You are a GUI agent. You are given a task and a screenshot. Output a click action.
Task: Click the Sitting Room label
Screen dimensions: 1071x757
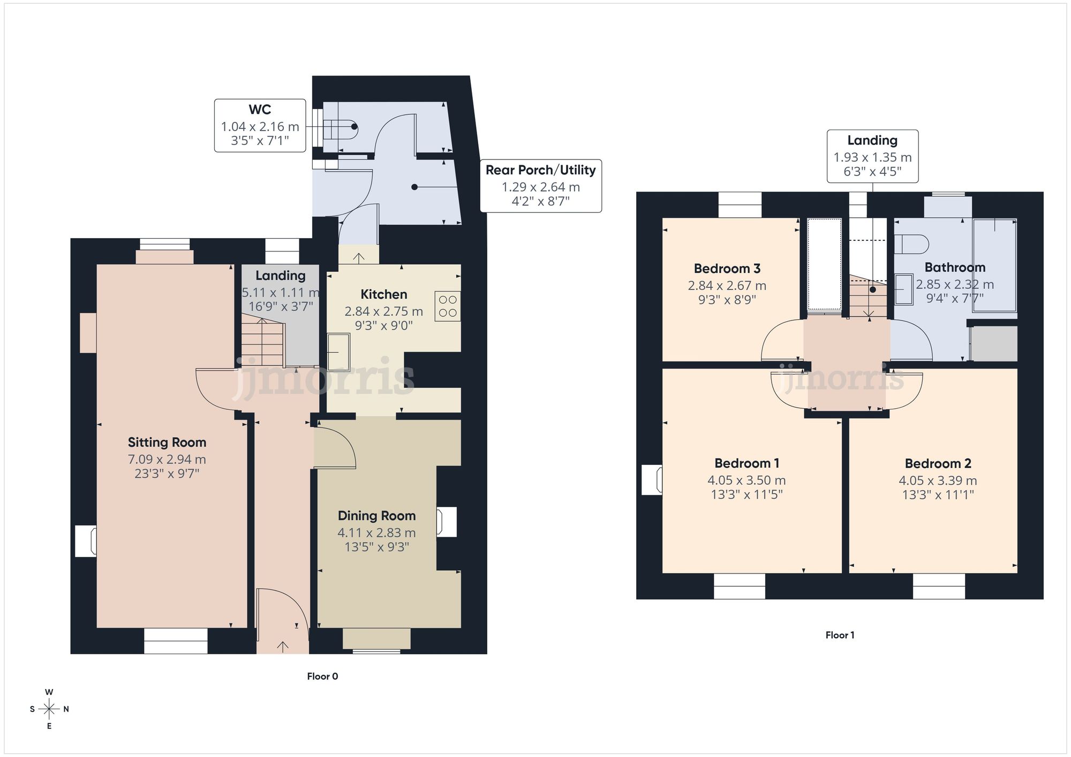[x=167, y=442]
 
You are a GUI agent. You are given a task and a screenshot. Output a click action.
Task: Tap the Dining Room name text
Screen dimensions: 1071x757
[x=376, y=516]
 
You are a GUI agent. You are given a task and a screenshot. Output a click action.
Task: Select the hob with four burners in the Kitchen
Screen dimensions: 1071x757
[x=448, y=306]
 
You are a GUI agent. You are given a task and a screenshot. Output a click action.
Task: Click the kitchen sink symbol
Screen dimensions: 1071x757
[x=338, y=352]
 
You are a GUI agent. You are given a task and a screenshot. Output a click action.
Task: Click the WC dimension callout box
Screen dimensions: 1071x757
[x=260, y=126]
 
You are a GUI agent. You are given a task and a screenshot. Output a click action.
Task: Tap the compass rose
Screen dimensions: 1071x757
[x=49, y=709]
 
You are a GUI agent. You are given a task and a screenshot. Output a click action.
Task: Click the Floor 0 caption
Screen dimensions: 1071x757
[x=322, y=676]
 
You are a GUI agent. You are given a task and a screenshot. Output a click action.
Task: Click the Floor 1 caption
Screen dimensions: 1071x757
[x=840, y=635]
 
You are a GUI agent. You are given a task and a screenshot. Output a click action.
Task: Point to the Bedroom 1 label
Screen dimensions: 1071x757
[x=747, y=463]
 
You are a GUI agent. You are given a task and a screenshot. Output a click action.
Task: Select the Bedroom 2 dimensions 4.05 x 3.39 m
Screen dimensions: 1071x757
[x=938, y=480]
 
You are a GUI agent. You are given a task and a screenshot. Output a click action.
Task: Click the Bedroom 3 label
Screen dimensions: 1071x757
[x=727, y=269]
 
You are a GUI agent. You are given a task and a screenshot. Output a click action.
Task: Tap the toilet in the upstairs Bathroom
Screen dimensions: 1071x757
[x=911, y=244]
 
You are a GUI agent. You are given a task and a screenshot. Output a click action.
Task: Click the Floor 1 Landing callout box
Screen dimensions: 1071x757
[x=872, y=156]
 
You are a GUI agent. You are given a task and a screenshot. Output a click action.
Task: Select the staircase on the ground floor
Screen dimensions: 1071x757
[x=262, y=342]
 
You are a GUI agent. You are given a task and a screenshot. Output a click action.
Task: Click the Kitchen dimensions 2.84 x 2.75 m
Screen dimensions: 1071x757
[x=384, y=311]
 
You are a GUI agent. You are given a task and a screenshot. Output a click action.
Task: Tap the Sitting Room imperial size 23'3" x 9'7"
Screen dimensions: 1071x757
[x=167, y=473]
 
